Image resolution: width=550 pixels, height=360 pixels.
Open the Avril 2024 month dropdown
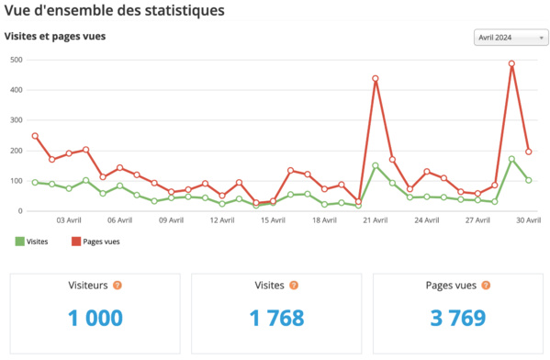click(511, 38)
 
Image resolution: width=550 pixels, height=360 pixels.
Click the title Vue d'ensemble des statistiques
click(114, 11)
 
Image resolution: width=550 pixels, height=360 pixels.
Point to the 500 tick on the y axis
click(16, 60)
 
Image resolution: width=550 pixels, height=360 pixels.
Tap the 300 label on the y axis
click(16, 120)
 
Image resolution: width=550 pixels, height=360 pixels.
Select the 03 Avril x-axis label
click(69, 220)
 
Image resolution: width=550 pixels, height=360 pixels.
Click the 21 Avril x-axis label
click(376, 220)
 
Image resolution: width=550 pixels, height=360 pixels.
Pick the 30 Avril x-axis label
click(528, 220)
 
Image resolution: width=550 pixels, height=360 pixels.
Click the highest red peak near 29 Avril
click(511, 64)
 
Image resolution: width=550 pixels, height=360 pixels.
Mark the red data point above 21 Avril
click(376, 79)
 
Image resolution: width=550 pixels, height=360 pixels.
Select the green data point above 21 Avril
click(376, 166)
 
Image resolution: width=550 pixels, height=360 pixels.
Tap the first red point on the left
click(35, 136)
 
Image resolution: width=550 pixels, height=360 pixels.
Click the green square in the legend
click(19, 242)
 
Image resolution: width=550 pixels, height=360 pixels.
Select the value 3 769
click(456, 318)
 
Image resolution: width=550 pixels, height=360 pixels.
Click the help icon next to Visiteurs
click(117, 286)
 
